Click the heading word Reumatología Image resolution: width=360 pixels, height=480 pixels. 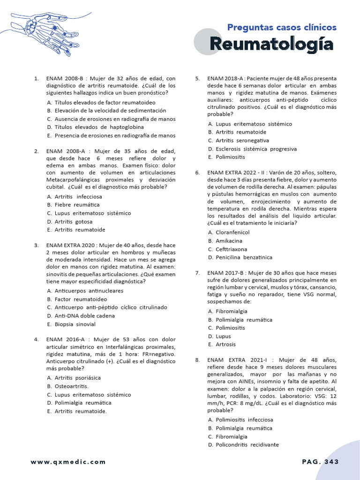point(271,45)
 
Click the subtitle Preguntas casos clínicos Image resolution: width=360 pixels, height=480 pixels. point(282,27)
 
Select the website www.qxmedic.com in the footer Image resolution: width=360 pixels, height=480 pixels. point(68,462)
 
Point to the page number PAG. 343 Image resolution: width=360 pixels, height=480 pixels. point(320,462)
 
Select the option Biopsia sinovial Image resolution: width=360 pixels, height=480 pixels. point(75,324)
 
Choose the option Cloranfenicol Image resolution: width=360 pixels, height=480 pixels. point(232,232)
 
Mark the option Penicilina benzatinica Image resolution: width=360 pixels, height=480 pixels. point(244,257)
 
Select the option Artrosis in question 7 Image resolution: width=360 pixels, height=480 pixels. point(226,345)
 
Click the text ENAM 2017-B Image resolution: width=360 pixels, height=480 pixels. point(226,273)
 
